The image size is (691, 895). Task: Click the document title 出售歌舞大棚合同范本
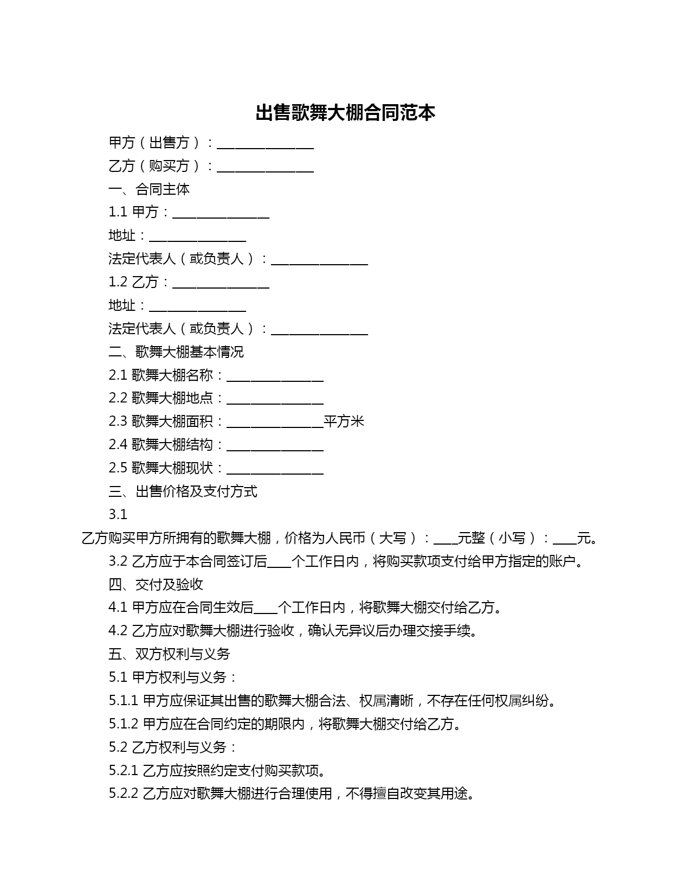click(x=345, y=113)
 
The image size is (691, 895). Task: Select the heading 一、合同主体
click(x=149, y=189)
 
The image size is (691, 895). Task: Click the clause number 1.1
click(x=118, y=212)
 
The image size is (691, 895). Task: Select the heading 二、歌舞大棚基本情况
click(x=176, y=352)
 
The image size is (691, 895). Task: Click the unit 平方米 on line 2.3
click(x=344, y=421)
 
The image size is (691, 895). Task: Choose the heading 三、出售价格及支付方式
click(x=183, y=491)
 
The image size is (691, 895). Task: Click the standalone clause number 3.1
click(x=118, y=514)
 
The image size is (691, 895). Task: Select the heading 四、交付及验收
click(x=156, y=584)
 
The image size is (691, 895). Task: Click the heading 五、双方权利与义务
click(x=169, y=654)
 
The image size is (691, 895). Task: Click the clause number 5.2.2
click(x=124, y=794)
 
